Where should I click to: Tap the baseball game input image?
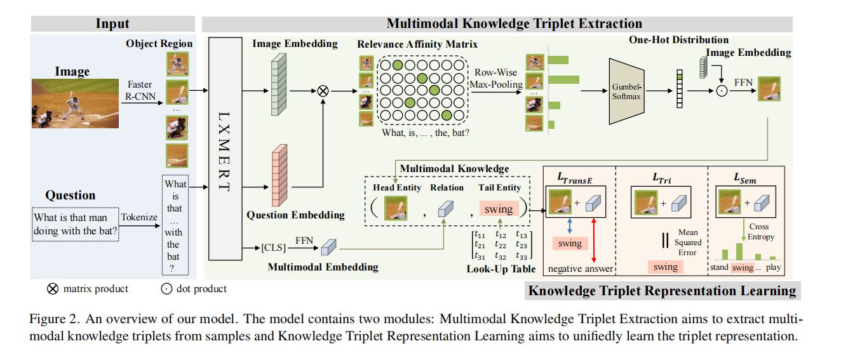[76, 103]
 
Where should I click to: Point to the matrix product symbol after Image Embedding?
[323, 91]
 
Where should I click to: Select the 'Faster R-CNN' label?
[139, 90]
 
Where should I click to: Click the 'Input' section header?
[112, 24]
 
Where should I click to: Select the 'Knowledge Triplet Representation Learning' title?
[663, 291]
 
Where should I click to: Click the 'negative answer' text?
[580, 269]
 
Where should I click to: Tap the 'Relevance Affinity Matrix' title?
[417, 44]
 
